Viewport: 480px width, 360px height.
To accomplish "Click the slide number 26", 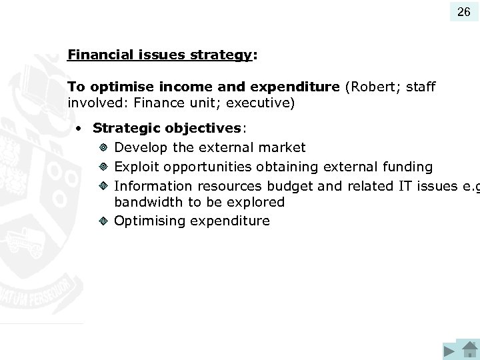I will tap(463, 11).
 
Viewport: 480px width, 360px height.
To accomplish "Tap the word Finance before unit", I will tap(157, 103).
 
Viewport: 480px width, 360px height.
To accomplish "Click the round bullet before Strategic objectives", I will tap(79, 128).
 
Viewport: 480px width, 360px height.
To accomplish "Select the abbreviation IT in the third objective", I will tap(405, 186).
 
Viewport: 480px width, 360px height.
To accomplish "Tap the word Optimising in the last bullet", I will tap(150, 221).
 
